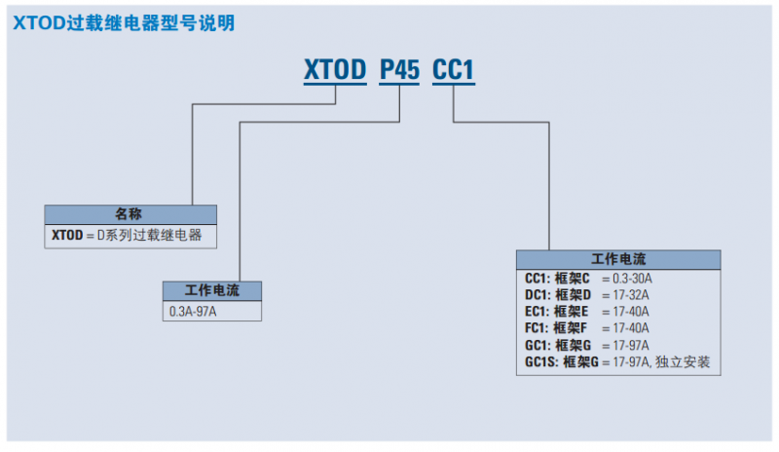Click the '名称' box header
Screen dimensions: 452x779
click(x=130, y=213)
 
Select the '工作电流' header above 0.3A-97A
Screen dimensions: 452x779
click(x=211, y=290)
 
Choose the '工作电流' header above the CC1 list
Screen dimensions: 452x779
click(x=618, y=259)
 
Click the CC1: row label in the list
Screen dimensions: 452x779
click(x=538, y=280)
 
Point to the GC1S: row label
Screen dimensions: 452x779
click(x=542, y=362)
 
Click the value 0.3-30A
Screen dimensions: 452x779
click(x=633, y=280)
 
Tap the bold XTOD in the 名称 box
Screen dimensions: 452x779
click(x=67, y=235)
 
